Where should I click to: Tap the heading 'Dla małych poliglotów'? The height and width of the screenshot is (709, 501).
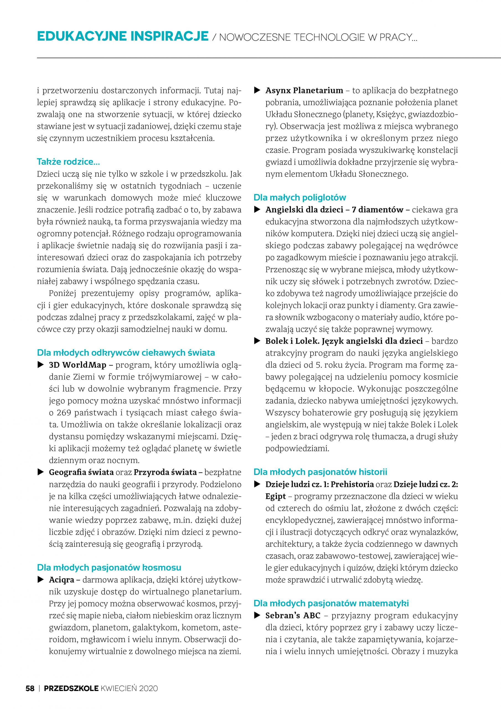click(x=299, y=198)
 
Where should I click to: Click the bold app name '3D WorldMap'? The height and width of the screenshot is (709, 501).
click(x=78, y=365)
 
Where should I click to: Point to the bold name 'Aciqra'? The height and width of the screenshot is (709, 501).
click(x=61, y=580)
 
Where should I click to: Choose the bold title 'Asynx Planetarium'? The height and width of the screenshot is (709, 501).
click(x=304, y=91)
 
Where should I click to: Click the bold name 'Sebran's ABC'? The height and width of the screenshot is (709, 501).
click(x=293, y=615)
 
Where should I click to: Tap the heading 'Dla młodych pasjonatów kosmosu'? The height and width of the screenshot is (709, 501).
click(x=109, y=567)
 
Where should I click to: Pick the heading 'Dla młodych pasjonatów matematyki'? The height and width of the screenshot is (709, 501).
click(x=331, y=603)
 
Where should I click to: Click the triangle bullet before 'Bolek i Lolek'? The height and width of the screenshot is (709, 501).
click(x=257, y=341)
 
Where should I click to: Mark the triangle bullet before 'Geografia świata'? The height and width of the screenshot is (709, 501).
click(x=40, y=472)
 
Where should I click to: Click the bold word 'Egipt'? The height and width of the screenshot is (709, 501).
click(x=276, y=497)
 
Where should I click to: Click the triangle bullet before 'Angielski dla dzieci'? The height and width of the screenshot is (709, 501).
click(x=257, y=210)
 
